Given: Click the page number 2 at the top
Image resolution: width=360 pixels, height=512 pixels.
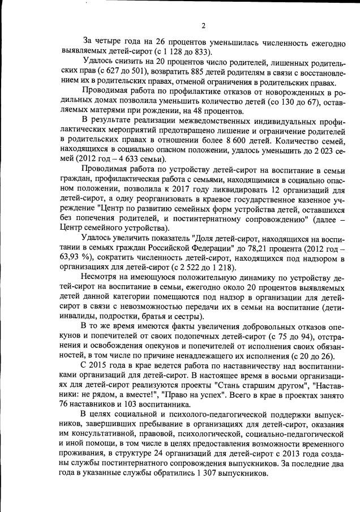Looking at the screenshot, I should coord(202,25).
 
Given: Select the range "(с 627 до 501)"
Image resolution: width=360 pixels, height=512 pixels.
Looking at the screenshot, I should coord(114,73).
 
